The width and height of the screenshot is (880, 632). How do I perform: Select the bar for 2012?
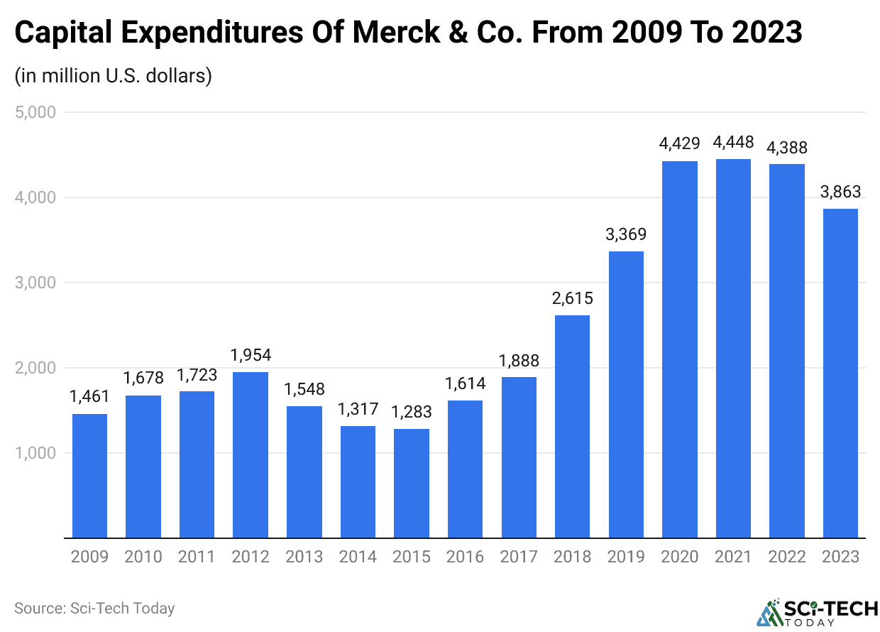point(251,454)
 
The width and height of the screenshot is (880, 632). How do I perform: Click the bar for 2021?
point(733,348)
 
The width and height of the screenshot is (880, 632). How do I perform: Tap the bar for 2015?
point(412,483)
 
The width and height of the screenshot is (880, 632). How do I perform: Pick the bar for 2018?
point(572,426)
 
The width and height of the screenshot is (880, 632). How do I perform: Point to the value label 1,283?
point(412,412)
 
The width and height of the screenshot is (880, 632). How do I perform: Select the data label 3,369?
point(626,234)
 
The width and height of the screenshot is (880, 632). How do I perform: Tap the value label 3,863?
point(840,192)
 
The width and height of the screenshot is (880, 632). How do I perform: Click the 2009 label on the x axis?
point(89,557)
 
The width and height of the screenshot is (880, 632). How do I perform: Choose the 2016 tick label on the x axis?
point(465,557)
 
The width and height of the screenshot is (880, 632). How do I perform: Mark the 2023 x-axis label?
point(840,557)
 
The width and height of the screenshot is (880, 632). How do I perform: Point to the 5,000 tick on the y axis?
point(35,112)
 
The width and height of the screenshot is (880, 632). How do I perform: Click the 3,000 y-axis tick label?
point(35,283)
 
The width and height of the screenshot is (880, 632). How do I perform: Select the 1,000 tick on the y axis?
point(35,453)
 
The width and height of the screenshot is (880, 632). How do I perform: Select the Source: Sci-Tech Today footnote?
point(94,609)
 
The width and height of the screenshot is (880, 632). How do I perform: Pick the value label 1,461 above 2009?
point(89,397)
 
